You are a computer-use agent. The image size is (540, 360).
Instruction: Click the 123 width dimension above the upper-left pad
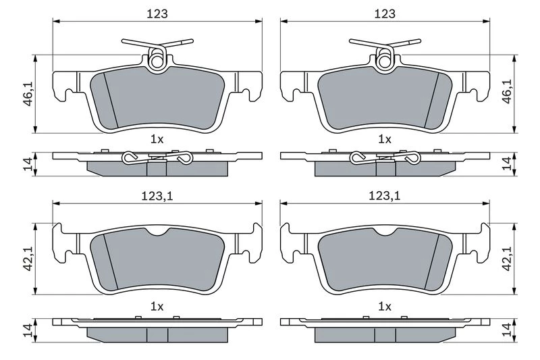157,14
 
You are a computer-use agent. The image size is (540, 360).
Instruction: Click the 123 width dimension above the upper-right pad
385,14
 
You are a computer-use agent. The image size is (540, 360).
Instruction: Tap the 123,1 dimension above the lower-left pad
157,196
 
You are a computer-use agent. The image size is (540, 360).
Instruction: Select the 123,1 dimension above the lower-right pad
385,196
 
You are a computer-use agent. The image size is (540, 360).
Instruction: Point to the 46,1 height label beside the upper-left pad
28,93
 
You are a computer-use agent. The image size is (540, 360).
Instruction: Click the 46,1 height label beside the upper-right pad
508,92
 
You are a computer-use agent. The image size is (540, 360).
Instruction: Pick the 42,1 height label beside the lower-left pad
28,259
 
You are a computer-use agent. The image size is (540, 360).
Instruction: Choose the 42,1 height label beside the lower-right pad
508,259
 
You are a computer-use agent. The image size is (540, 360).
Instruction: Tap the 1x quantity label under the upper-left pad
157,139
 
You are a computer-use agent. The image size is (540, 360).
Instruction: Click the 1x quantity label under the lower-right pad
385,306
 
